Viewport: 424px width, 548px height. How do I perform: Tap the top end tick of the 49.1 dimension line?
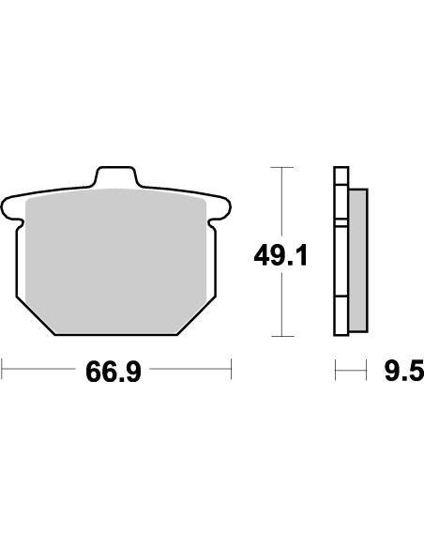(x=281, y=167)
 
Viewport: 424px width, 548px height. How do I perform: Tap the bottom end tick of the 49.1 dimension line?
(x=281, y=335)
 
